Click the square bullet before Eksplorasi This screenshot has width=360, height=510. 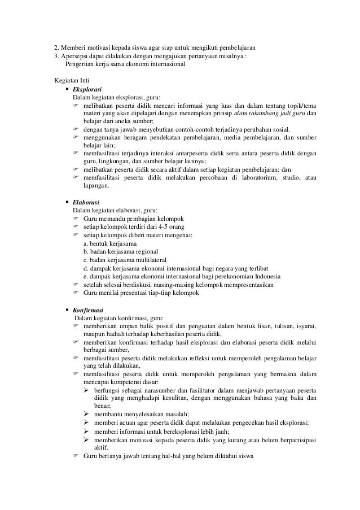pyautogui.click(x=67, y=89)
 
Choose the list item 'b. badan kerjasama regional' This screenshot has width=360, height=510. pyautogui.click(x=121, y=251)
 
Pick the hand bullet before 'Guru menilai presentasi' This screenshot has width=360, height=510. pyautogui.click(x=76, y=293)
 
